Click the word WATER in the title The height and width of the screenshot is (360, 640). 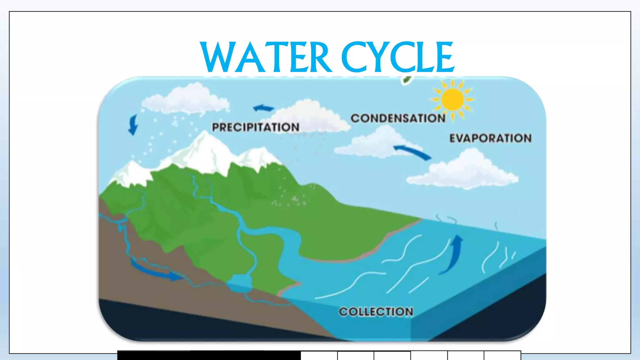coord(266,58)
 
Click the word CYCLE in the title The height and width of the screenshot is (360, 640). coord(397,58)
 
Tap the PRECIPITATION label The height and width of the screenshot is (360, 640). coord(256,127)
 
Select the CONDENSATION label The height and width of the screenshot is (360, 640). coord(398,118)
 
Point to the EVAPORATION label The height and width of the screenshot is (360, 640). coord(490,138)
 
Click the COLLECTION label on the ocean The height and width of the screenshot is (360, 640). coord(376,312)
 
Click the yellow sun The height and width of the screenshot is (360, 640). coord(452,99)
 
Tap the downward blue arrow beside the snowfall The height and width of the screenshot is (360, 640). coord(133,125)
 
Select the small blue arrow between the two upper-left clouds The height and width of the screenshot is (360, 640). coord(263,108)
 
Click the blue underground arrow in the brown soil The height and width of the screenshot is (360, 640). coord(156,271)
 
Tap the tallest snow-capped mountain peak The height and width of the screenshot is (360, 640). coord(205,141)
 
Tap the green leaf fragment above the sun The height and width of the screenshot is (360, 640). coord(407,80)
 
